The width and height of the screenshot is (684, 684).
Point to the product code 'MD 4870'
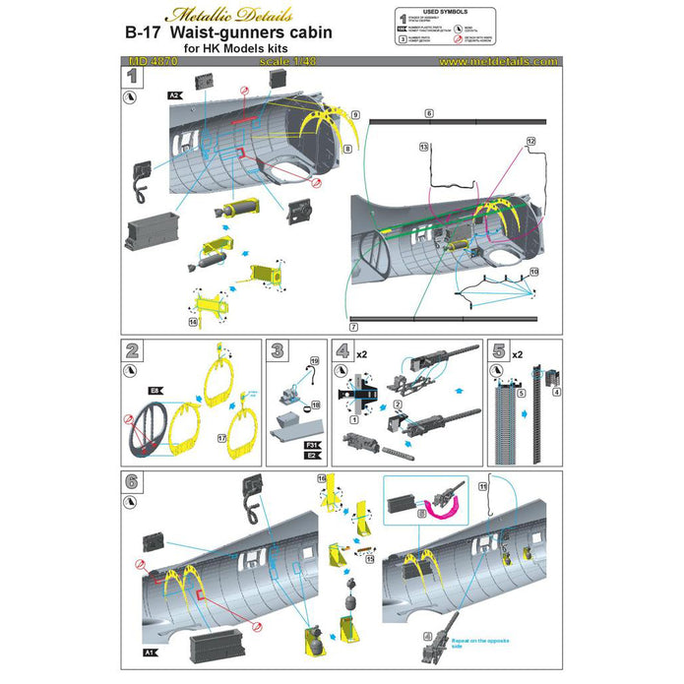147,60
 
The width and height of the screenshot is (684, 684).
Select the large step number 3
278,349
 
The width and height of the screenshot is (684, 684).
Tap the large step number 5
499,349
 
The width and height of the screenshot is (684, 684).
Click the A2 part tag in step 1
173,94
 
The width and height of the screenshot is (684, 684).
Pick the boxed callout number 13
424,147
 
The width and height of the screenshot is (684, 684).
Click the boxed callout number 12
531,142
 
